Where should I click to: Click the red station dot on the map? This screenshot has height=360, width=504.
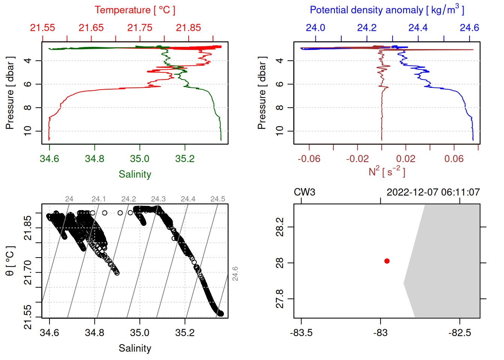click(x=387, y=261)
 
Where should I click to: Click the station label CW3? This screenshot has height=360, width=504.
click(x=304, y=192)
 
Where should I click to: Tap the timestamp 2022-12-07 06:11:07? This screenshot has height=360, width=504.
click(x=433, y=192)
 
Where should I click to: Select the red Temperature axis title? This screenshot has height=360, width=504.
click(x=135, y=10)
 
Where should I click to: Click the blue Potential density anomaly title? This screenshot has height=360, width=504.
click(x=387, y=10)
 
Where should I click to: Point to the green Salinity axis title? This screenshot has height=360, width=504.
click(x=135, y=174)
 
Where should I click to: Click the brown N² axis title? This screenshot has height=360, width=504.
click(x=387, y=171)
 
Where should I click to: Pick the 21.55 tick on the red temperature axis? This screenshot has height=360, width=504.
click(x=43, y=28)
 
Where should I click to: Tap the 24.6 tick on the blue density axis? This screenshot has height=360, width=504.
click(x=469, y=28)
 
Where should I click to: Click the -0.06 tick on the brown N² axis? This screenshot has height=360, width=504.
click(x=309, y=159)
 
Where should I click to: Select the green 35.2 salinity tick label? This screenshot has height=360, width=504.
click(x=185, y=159)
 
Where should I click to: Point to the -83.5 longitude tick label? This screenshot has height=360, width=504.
click(x=301, y=333)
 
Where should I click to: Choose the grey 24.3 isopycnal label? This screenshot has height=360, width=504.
click(x=158, y=199)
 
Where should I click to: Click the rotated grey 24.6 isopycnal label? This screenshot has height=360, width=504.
click(x=235, y=273)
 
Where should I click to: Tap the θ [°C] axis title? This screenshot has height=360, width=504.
click(x=10, y=261)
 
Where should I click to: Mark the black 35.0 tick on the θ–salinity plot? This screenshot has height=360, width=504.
click(x=140, y=333)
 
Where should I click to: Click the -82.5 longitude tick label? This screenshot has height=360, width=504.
click(x=460, y=333)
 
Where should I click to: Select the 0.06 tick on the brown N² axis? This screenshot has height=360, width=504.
click(x=454, y=159)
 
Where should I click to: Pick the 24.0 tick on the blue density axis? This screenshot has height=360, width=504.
click(x=315, y=28)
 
